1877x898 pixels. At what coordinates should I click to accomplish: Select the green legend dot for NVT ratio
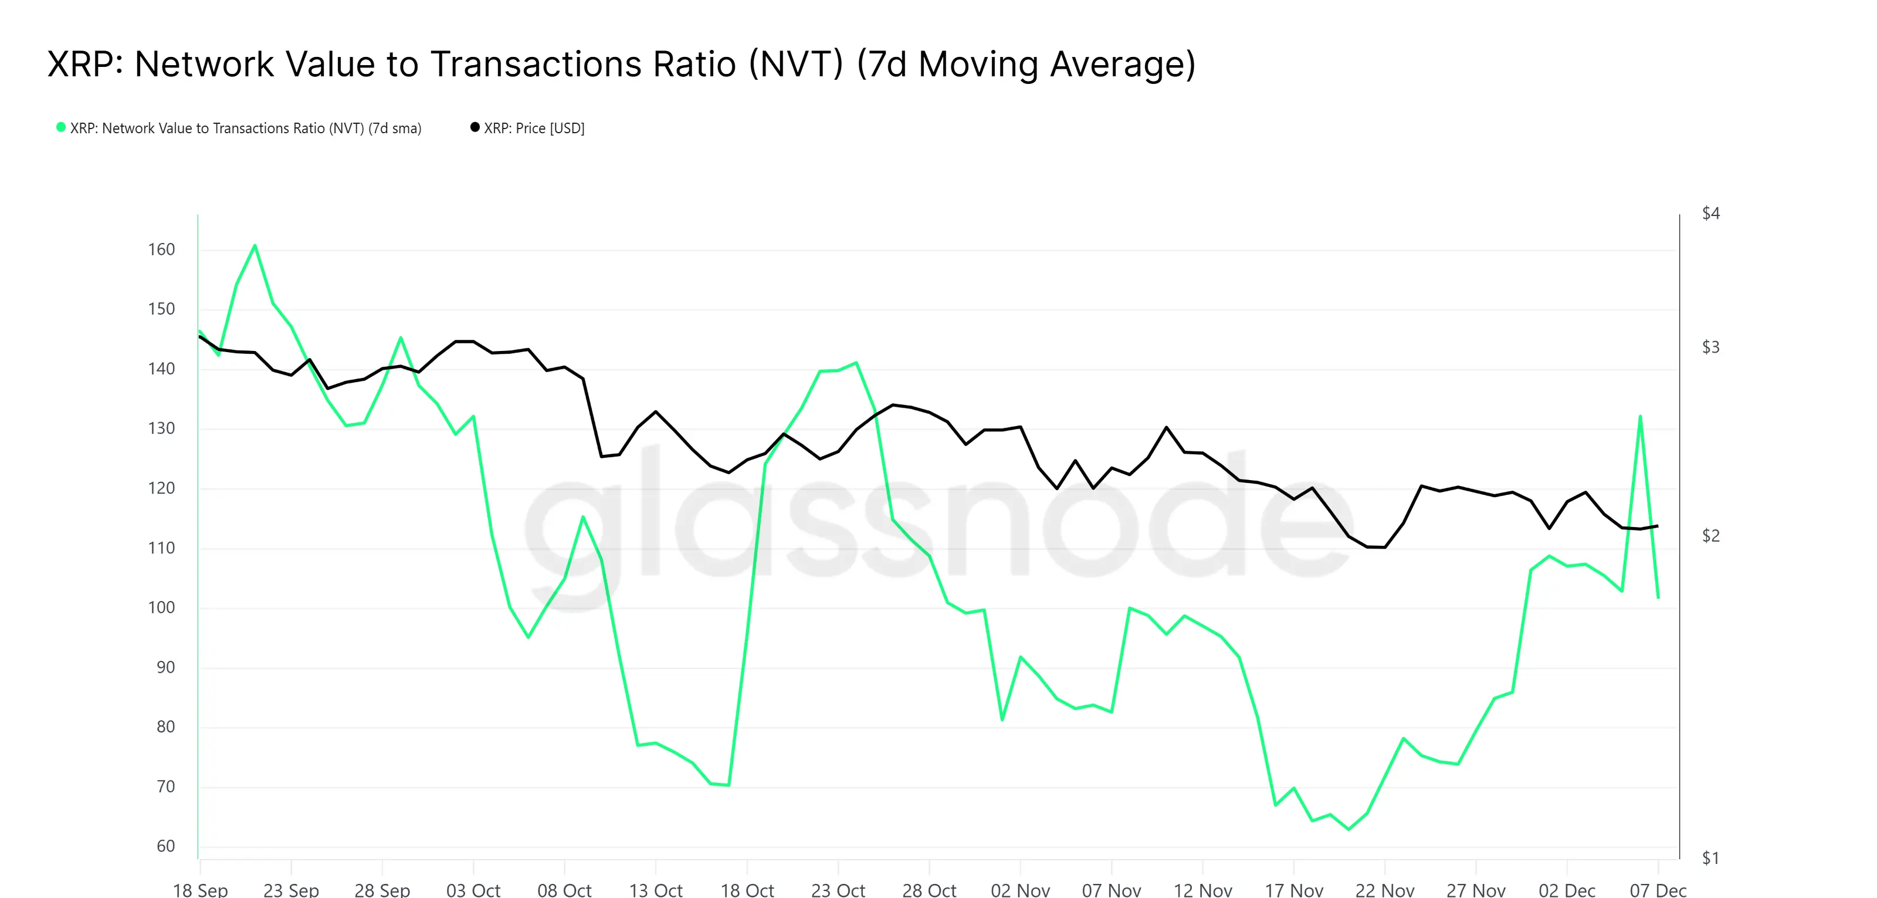point(61,127)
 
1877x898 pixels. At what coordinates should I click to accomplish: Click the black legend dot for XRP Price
point(475,127)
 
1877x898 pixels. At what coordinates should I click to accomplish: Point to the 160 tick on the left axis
point(161,249)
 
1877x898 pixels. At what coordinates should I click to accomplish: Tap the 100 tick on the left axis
point(161,607)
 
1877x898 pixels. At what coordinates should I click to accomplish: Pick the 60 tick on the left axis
point(165,846)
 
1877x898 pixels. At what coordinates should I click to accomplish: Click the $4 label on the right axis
point(1710,213)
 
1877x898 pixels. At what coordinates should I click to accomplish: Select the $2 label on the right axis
point(1710,536)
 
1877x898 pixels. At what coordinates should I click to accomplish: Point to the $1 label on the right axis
point(1710,858)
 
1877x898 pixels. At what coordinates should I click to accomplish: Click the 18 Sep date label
point(201,889)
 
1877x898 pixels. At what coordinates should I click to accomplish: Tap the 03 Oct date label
point(473,889)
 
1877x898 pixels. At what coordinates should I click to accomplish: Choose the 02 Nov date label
point(1020,889)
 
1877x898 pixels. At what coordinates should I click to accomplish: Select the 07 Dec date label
point(1658,889)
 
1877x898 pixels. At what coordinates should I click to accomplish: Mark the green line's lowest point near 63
point(1349,829)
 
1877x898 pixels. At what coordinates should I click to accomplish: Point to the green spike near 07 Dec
point(1640,416)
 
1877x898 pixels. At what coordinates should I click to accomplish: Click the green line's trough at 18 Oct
point(729,785)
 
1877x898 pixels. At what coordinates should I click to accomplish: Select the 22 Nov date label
point(1384,889)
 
